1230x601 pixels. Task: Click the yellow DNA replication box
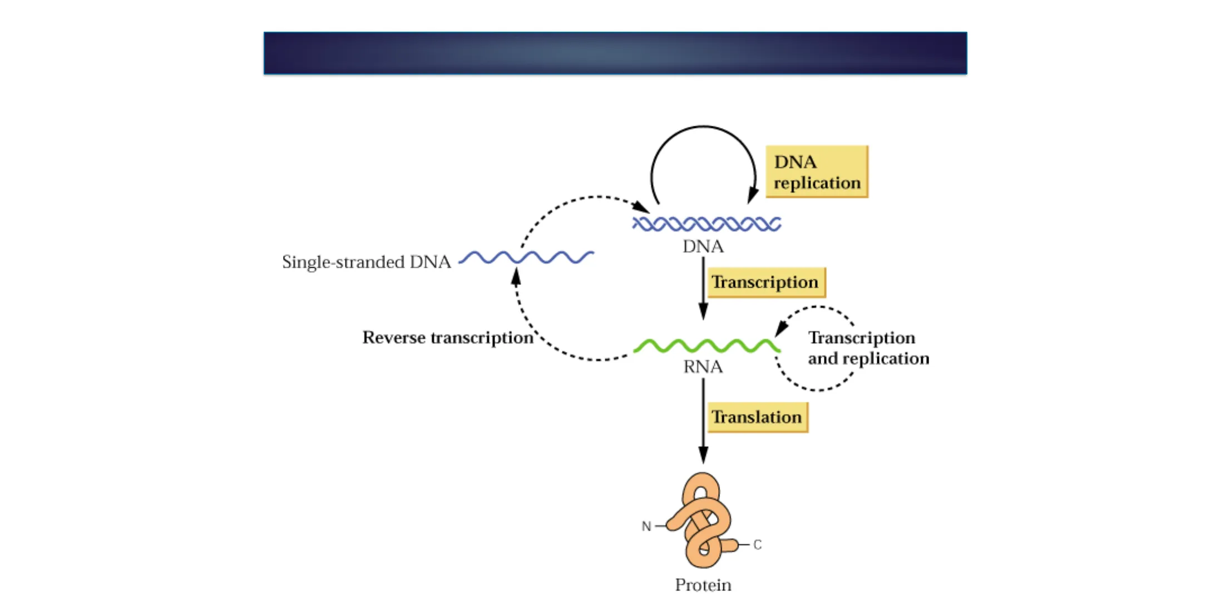tap(816, 172)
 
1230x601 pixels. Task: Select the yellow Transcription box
tap(765, 282)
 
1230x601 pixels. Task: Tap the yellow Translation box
tap(757, 417)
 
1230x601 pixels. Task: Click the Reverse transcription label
tap(448, 337)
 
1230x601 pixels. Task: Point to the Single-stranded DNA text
tap(366, 262)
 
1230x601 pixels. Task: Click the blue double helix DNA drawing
tap(707, 224)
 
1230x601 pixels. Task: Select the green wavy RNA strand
tap(707, 346)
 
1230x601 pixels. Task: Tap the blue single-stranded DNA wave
tap(526, 257)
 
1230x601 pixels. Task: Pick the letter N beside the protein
tap(646, 526)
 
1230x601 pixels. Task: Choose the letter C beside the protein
tap(757, 545)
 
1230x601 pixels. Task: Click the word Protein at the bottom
tap(703, 585)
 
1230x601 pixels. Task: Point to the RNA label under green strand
tap(703, 367)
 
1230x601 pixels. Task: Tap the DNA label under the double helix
tap(703, 247)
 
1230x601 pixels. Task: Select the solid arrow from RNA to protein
tap(703, 420)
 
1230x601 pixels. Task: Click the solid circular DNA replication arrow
tap(703, 127)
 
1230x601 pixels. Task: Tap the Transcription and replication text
tap(868, 348)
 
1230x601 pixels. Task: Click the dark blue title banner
tap(615, 53)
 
